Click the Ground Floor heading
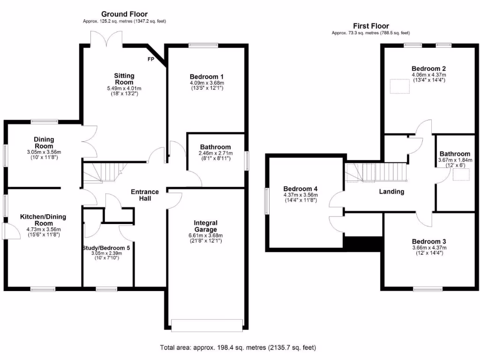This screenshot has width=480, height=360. (124, 14)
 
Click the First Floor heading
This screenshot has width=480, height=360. (371, 26)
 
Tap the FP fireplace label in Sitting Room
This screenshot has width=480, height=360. (150, 60)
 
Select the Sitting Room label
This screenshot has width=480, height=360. (124, 79)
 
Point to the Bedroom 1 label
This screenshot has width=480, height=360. (206, 77)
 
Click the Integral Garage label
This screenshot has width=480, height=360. (206, 226)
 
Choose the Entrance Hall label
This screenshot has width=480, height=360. (144, 195)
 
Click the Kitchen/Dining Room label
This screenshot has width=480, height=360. (43, 220)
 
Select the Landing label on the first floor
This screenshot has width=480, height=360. (391, 192)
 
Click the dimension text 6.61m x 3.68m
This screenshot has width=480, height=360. (206, 235)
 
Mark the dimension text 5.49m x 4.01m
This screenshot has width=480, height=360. (124, 88)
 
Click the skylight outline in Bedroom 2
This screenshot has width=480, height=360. (399, 86)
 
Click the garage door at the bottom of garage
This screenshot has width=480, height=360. (207, 325)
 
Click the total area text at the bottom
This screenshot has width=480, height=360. (238, 348)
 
